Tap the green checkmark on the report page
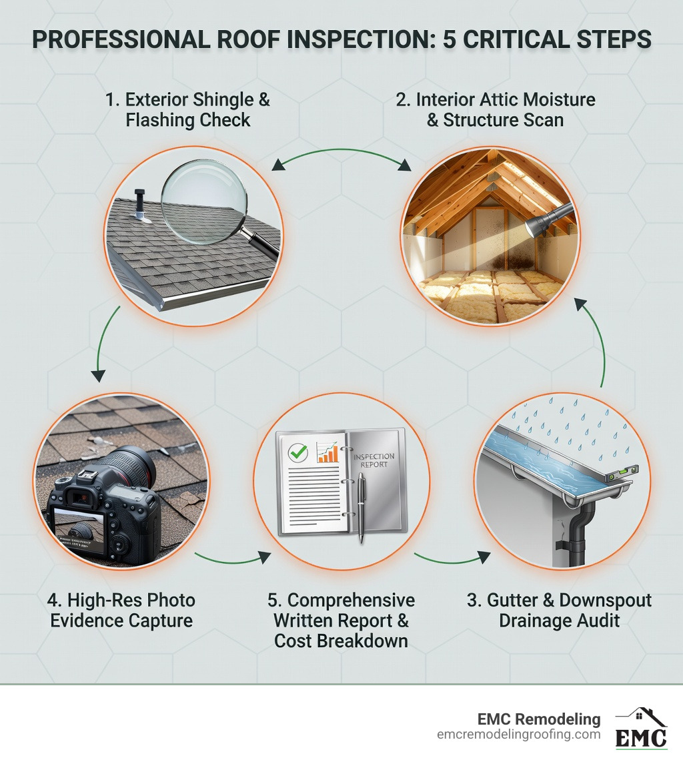tap(297, 452)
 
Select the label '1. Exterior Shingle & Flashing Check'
tap(188, 110)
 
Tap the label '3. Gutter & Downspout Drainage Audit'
tap(559, 610)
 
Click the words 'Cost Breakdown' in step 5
tap(341, 641)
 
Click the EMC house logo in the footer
tap(640, 728)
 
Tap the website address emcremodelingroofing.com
tap(518, 735)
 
